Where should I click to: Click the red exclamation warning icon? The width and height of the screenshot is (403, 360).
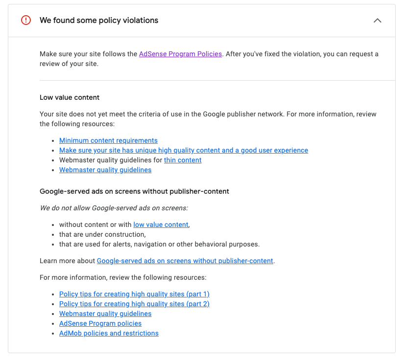(26, 21)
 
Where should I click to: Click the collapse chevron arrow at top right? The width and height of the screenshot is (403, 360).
(377, 21)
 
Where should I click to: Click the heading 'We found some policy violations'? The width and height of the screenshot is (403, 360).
(99, 21)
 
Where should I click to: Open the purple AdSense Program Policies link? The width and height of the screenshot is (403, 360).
(180, 54)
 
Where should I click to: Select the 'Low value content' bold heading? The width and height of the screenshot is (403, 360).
(70, 97)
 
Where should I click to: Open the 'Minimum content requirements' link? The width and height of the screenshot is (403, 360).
(108, 140)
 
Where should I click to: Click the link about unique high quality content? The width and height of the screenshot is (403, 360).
(184, 150)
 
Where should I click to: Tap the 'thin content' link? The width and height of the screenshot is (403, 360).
(183, 160)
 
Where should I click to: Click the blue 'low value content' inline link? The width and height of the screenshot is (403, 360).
(161, 225)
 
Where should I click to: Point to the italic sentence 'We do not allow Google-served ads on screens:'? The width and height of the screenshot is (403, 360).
(114, 208)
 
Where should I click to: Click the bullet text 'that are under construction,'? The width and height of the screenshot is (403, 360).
(102, 234)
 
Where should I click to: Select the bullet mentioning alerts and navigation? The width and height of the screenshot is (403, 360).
(159, 244)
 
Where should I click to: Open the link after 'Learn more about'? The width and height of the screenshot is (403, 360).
(185, 261)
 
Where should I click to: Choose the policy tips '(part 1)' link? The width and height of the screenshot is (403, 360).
(134, 294)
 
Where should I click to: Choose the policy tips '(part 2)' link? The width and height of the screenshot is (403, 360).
(134, 304)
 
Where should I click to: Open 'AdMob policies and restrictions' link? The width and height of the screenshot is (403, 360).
(109, 333)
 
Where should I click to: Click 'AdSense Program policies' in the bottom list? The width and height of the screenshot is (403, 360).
(100, 323)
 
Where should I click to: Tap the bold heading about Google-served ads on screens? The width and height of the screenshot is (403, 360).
(134, 191)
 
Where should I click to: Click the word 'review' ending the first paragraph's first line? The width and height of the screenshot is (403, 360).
(366, 114)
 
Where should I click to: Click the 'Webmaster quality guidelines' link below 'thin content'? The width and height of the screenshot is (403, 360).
(105, 170)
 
